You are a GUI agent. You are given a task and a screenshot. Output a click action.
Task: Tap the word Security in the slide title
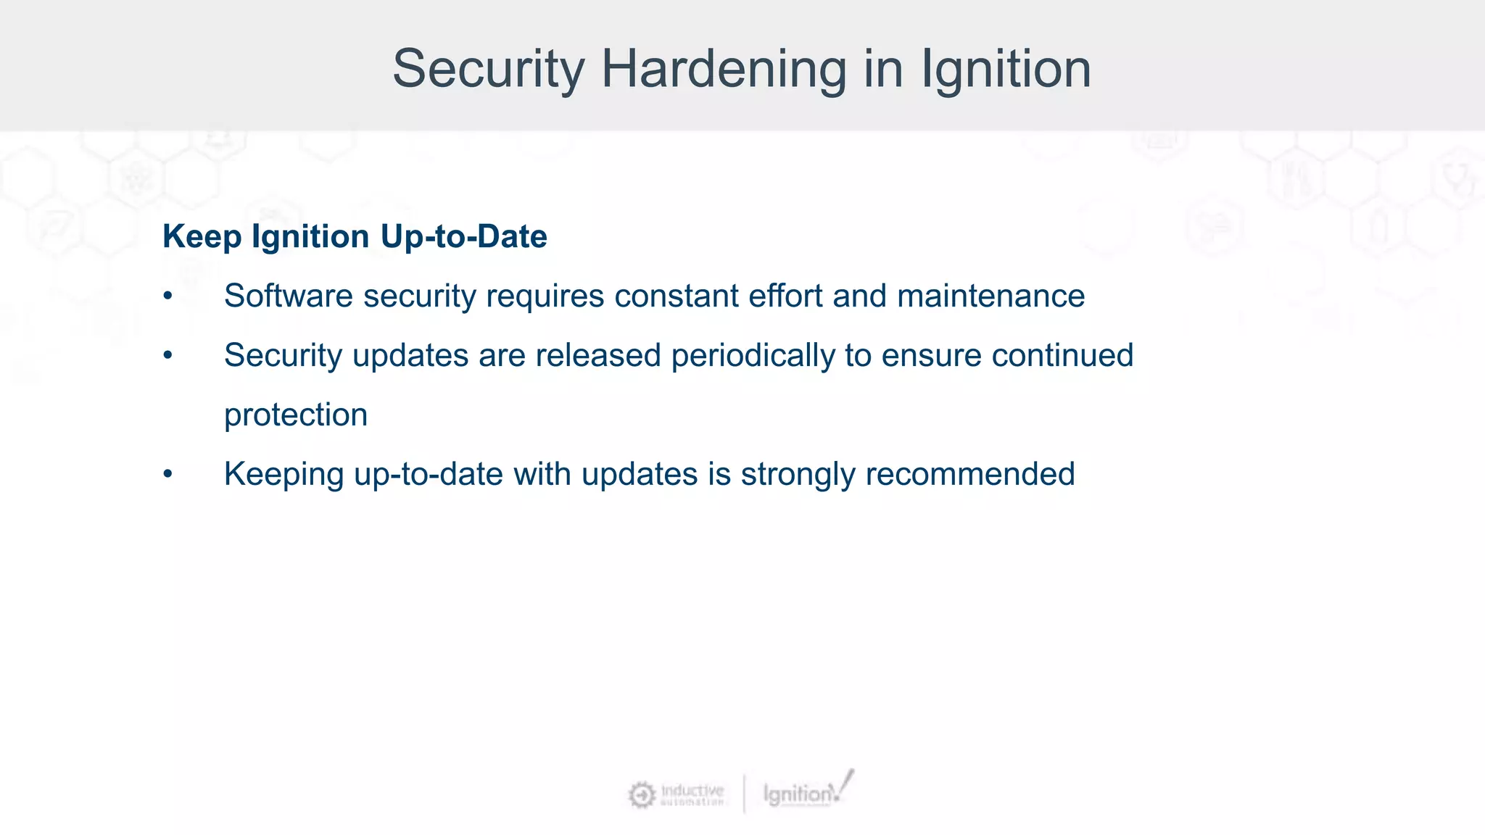[x=488, y=70]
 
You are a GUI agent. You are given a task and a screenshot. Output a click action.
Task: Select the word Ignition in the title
[x=1006, y=70]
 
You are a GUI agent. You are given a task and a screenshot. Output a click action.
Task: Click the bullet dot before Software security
[x=168, y=296]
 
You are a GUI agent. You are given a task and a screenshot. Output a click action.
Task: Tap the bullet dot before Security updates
[x=168, y=356]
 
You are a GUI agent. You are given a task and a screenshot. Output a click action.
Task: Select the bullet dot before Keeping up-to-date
[x=168, y=475]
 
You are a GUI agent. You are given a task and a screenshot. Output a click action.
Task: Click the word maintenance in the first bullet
[x=990, y=296]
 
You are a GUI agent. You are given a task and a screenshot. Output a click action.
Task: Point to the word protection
[x=296, y=415]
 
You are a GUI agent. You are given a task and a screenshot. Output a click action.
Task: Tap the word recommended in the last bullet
[x=969, y=475]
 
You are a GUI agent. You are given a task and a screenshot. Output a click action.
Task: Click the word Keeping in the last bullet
[x=284, y=475]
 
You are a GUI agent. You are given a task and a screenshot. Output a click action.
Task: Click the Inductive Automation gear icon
[x=642, y=794]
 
